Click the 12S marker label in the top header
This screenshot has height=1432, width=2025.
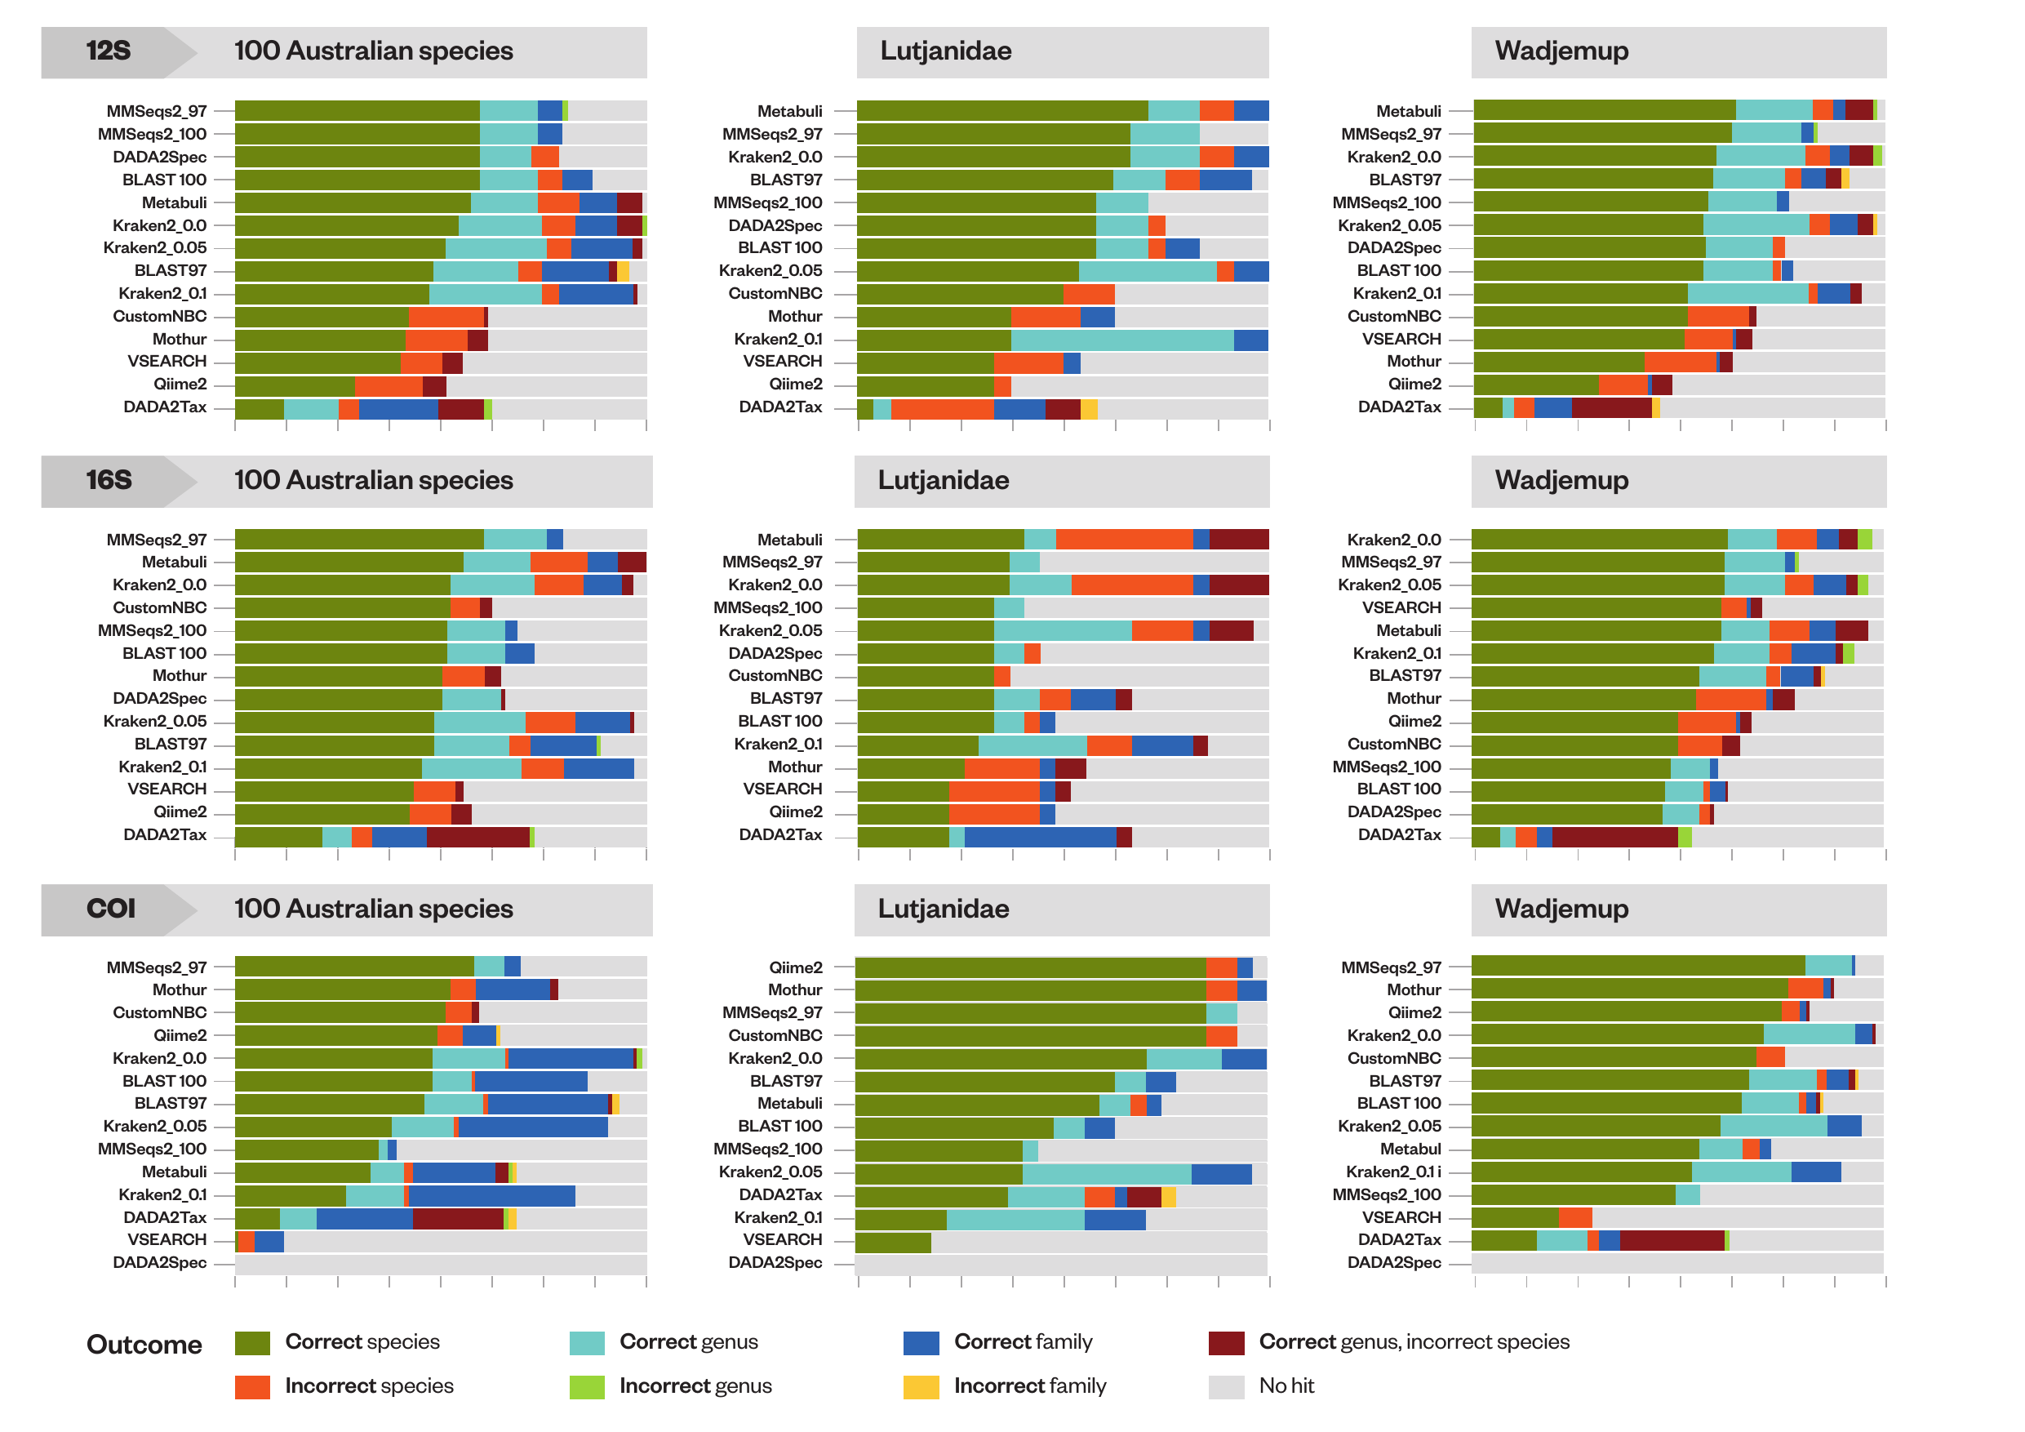pos(108,51)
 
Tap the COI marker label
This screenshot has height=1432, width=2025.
pos(110,909)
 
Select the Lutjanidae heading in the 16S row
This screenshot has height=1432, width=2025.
pos(943,481)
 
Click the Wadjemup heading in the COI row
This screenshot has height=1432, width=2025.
pos(1561,909)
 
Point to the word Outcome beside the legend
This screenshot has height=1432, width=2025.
pos(144,1345)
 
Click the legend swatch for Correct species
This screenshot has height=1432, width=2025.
pos(252,1343)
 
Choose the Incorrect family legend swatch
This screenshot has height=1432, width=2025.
pos(921,1387)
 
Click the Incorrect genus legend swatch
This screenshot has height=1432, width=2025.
pos(587,1387)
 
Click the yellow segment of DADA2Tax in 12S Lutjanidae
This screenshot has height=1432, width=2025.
pos(1090,407)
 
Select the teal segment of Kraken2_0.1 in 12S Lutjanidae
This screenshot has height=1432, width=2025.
pos(1121,340)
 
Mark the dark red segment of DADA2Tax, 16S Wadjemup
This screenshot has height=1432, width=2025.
pos(1614,835)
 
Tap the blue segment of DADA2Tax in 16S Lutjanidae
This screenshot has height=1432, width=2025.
pos(1040,835)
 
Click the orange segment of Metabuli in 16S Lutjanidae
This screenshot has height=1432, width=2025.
pos(1124,540)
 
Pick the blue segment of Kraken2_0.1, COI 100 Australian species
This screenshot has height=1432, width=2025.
pos(491,1195)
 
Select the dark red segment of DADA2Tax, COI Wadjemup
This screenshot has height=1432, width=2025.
pos(1672,1240)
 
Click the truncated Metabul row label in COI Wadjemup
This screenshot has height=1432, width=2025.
pos(1410,1149)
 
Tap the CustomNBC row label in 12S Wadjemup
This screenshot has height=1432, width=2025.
pos(1393,317)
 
